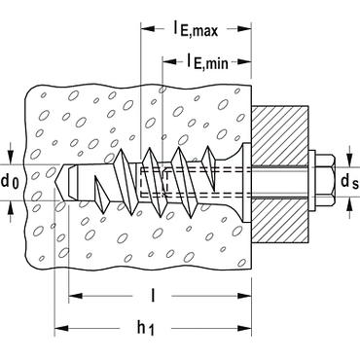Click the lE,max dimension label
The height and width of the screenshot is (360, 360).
(195, 29)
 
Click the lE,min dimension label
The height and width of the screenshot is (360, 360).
(207, 61)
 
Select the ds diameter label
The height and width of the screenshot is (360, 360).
(349, 182)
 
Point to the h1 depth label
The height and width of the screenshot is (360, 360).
(145, 328)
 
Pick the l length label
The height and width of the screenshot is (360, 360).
(152, 296)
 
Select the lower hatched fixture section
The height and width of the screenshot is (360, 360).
(280, 220)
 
